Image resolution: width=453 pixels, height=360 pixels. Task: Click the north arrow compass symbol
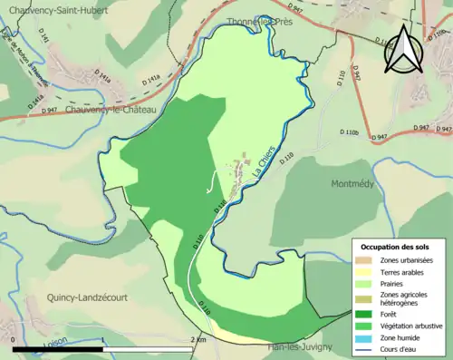[402, 50]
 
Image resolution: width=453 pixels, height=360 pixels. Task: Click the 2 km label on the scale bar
[197, 339]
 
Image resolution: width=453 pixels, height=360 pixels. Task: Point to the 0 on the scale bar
[14, 339]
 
